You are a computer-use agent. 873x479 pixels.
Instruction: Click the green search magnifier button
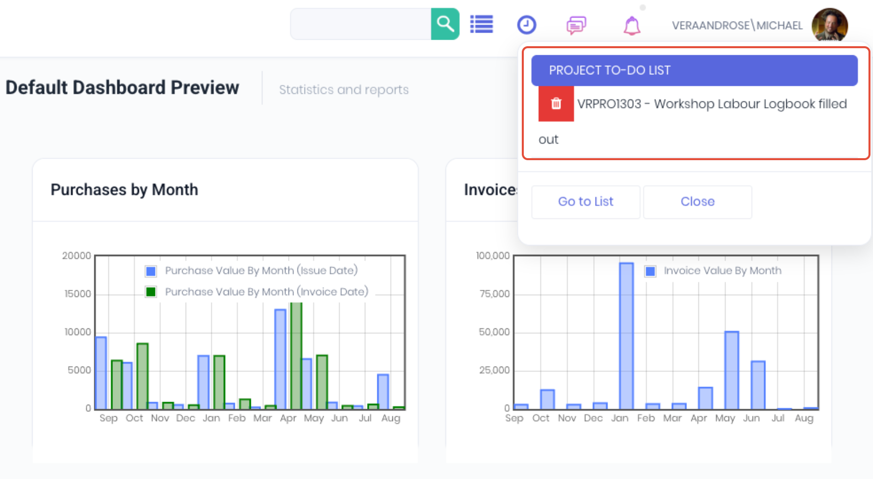[x=445, y=24]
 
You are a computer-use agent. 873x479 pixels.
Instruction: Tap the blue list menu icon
[x=482, y=24]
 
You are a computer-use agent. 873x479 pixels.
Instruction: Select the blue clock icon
[x=527, y=25]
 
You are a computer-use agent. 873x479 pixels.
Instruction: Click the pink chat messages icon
[x=576, y=25]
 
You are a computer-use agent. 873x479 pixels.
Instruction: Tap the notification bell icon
[x=632, y=25]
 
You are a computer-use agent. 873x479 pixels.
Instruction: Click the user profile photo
[x=830, y=25]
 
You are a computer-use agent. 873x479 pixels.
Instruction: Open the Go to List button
[x=586, y=202]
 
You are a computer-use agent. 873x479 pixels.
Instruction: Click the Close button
[x=697, y=202]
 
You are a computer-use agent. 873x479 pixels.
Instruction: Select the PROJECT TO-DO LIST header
[x=694, y=70]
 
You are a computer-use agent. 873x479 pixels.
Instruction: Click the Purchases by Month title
[x=124, y=190]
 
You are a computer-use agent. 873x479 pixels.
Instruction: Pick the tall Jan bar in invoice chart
[x=626, y=336]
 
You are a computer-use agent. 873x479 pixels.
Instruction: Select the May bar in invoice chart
[x=732, y=371]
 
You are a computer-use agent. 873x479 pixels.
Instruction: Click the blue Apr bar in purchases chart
[x=280, y=359]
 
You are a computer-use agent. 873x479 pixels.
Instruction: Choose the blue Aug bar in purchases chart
[x=383, y=392]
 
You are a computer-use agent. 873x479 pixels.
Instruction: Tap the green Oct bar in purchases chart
[x=142, y=376]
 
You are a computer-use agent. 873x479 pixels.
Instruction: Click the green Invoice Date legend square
[x=151, y=292]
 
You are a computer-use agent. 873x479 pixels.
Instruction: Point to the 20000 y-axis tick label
[x=77, y=256]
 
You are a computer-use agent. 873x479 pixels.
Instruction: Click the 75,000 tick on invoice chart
[x=495, y=294]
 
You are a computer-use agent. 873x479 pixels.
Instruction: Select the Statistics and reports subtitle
[x=344, y=90]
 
